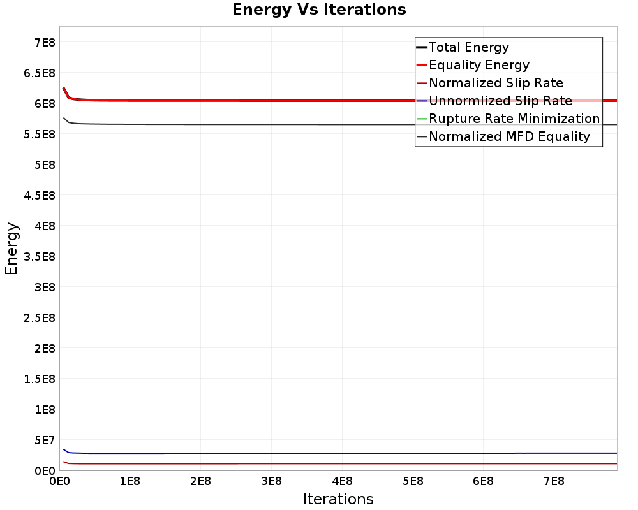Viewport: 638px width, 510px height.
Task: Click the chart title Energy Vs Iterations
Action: click(319, 10)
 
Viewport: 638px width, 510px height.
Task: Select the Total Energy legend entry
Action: click(468, 47)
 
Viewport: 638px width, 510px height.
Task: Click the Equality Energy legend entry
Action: click(478, 65)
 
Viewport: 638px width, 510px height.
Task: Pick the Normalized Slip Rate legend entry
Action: click(495, 83)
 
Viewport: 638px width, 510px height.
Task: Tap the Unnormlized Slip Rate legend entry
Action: click(500, 101)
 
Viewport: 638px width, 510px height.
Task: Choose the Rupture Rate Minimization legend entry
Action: click(514, 119)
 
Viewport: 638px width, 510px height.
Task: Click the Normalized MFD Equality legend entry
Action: click(508, 136)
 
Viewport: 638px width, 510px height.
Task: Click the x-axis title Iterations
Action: click(338, 499)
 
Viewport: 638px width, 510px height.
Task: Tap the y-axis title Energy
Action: click(11, 249)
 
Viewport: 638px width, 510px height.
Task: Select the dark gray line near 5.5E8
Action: click(255, 124)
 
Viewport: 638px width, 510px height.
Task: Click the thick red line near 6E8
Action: click(255, 101)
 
